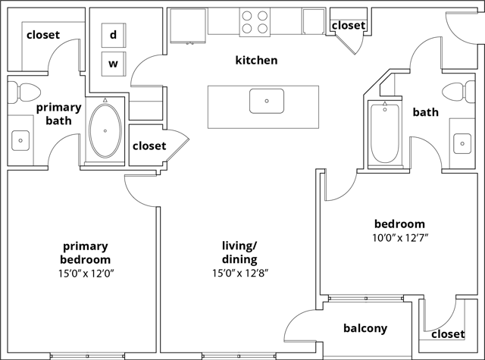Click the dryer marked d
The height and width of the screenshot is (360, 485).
click(x=113, y=35)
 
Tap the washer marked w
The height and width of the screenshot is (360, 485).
click(x=113, y=63)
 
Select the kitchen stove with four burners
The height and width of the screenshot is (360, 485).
click(x=256, y=22)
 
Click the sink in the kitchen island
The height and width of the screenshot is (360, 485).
click(x=267, y=100)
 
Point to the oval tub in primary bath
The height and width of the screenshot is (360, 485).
click(x=105, y=130)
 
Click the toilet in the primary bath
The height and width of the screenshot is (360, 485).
click(x=27, y=92)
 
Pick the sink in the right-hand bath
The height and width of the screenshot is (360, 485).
click(x=462, y=142)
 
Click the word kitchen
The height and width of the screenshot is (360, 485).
click(x=256, y=60)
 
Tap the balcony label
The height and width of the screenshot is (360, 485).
click(x=365, y=329)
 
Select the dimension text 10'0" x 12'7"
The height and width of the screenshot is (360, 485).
click(x=399, y=237)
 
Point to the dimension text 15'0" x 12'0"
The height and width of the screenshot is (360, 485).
click(x=85, y=273)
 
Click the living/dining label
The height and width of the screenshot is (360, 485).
click(x=239, y=252)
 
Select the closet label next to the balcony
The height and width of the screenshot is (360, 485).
click(x=448, y=334)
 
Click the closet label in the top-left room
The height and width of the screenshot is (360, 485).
click(x=43, y=35)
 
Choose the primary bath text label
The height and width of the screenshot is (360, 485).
click(x=58, y=114)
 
